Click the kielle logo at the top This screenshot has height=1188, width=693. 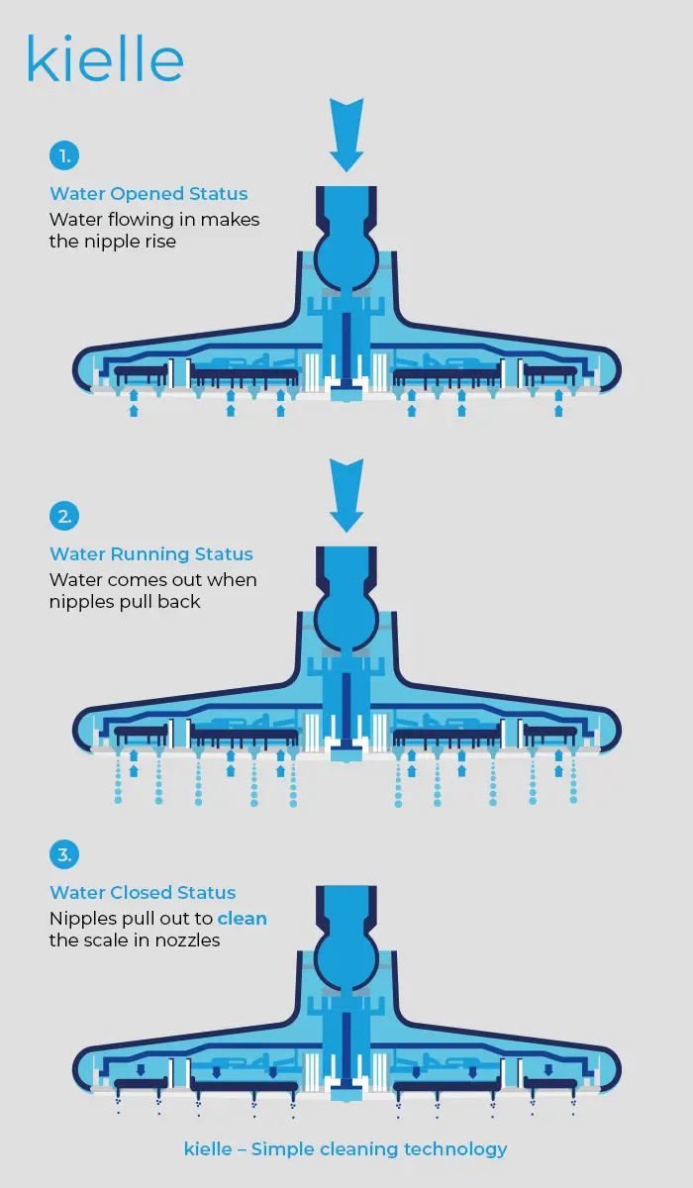tap(105, 58)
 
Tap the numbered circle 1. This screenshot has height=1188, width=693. tap(64, 156)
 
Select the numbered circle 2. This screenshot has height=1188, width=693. tap(64, 516)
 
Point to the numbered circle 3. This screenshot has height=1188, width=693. tap(64, 854)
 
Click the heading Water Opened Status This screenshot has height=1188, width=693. tap(148, 194)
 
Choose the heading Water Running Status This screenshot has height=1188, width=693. tap(151, 554)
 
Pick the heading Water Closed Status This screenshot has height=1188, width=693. tap(143, 893)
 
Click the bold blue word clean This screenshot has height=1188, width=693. tap(243, 919)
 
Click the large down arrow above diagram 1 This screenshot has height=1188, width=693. tap(346, 135)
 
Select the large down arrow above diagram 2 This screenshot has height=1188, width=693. tap(346, 495)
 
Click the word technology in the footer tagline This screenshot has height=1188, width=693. tap(455, 1149)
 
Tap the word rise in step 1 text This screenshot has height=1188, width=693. tap(160, 242)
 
